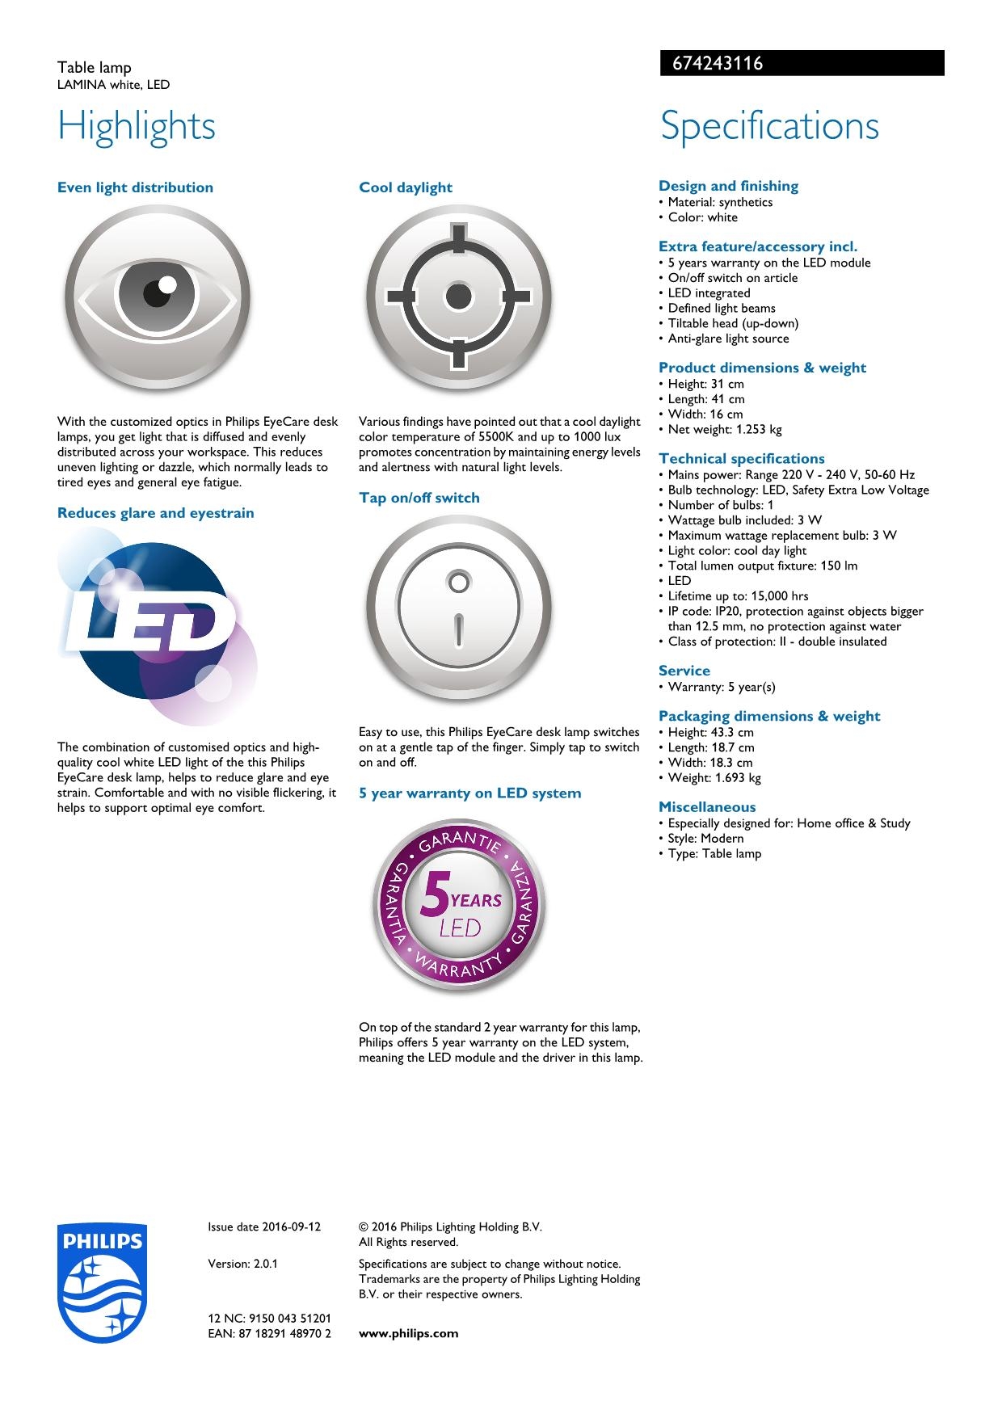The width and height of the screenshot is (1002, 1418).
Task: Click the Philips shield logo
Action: pyautogui.click(x=102, y=1283)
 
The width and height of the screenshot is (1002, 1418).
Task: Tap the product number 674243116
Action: pyautogui.click(x=712, y=63)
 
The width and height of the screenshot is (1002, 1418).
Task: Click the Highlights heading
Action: pyautogui.click(x=137, y=126)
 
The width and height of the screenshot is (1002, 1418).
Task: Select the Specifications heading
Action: pyautogui.click(x=769, y=126)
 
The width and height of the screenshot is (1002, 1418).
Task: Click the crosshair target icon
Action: pyautogui.click(x=458, y=297)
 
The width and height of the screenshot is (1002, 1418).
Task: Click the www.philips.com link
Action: pyautogui.click(x=408, y=1333)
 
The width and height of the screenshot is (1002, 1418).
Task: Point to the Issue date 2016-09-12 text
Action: pyautogui.click(x=264, y=1227)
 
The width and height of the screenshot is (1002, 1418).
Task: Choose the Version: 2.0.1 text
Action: pyautogui.click(x=242, y=1264)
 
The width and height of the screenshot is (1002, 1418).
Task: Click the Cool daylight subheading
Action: pyautogui.click(x=406, y=187)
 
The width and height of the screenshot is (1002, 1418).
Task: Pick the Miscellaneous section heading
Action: pyautogui.click(x=707, y=806)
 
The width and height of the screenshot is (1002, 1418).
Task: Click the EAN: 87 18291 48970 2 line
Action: pyautogui.click(x=269, y=1333)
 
